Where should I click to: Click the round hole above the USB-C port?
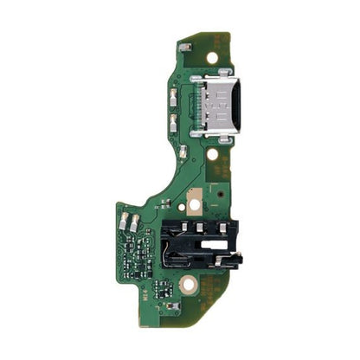click(211, 57)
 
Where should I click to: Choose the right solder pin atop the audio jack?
click(220, 227)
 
